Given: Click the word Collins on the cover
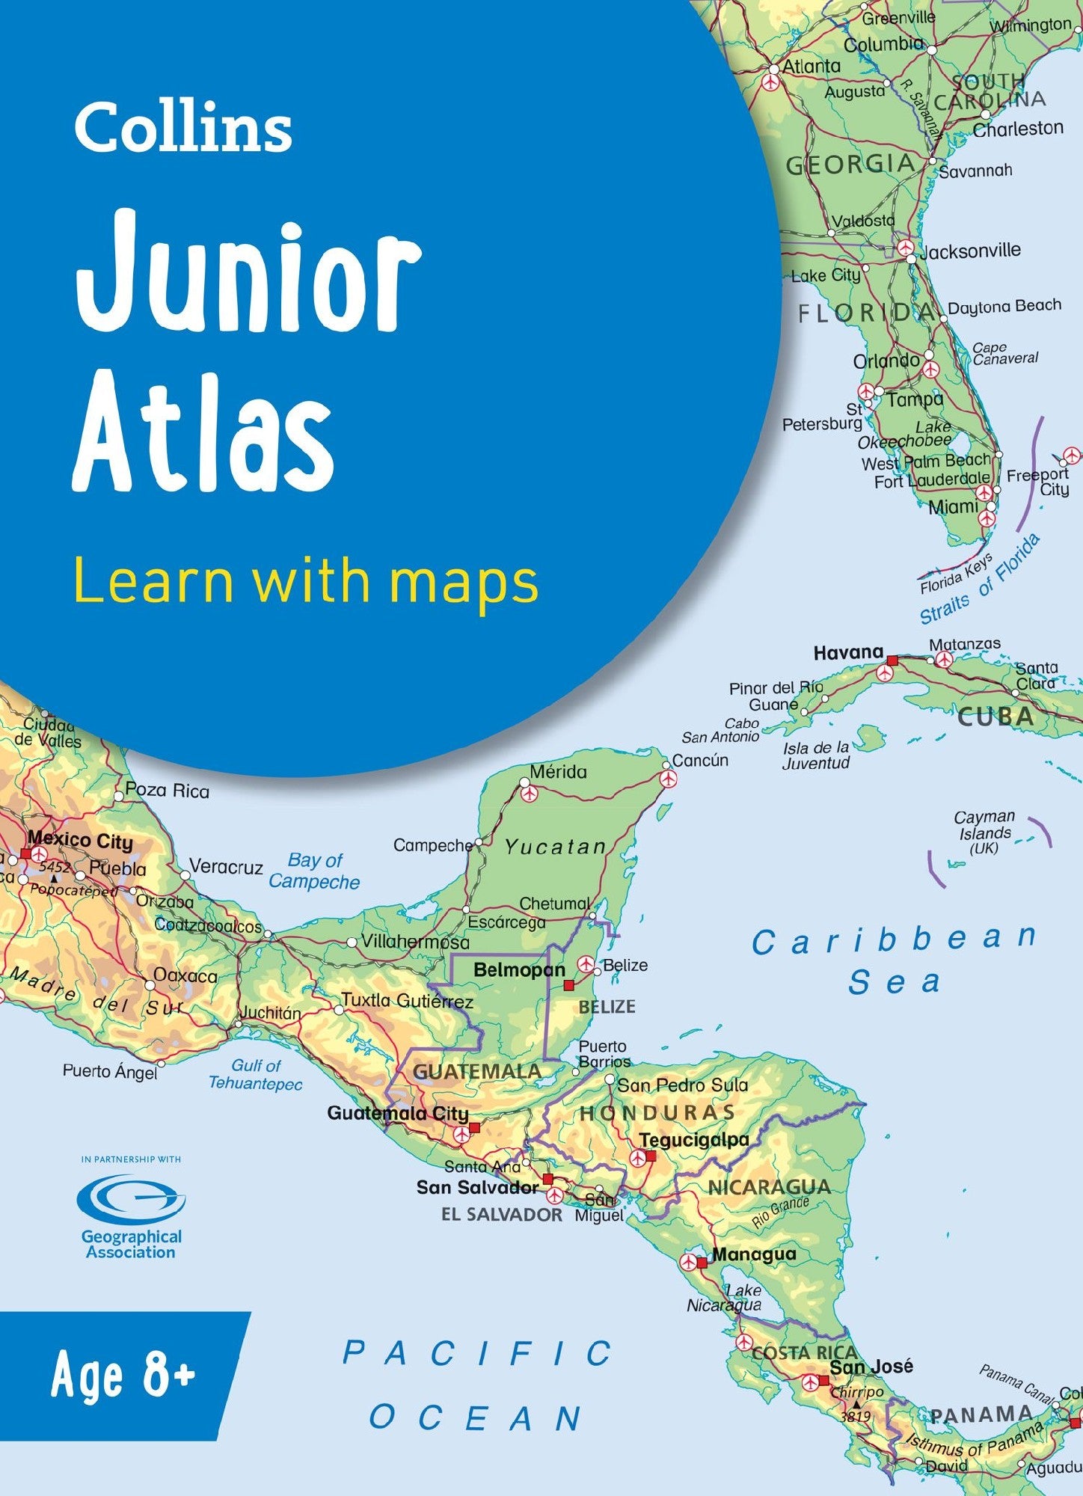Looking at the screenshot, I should pos(182,129).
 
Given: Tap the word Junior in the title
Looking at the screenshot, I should pos(248,274).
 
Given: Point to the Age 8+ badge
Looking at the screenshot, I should pos(123,1376).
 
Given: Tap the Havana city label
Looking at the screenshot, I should pos(848,653).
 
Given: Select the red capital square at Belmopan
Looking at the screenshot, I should pos(569,985).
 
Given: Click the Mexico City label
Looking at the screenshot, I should pos(80,841).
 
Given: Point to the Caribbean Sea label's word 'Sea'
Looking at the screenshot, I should pos(894,982).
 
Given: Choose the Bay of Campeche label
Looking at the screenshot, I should pos(315,871).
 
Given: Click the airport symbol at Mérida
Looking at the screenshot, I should pos(530,791).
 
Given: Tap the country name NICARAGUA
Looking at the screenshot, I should pos(769,1187).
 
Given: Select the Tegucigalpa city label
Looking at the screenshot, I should pos(694,1140).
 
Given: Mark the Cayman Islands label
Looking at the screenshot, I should pos(985,832).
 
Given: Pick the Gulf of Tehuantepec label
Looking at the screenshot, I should pos(256,1074).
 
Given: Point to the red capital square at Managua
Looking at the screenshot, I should pos(702,1263).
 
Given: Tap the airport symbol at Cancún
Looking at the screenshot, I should pos(668,779).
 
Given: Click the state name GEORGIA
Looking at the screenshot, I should pos(850,165).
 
